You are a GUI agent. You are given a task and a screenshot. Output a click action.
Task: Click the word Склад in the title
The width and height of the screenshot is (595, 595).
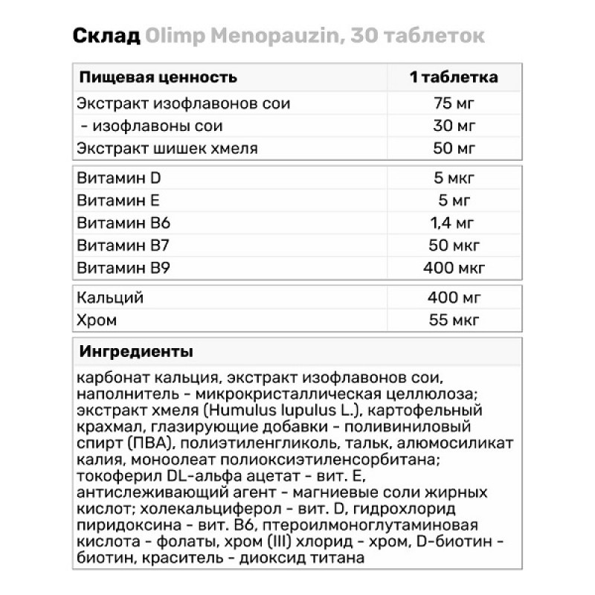[x=107, y=37]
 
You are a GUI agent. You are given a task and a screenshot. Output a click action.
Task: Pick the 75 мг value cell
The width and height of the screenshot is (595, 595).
[x=454, y=103]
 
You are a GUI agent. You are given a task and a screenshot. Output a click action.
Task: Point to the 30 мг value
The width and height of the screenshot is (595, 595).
[x=454, y=126]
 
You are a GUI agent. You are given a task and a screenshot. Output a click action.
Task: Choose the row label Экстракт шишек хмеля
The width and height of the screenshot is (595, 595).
[x=167, y=148]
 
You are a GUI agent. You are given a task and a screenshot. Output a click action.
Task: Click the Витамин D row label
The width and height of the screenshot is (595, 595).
[x=119, y=178]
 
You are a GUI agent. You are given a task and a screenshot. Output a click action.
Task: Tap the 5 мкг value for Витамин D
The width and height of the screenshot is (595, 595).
[x=454, y=178]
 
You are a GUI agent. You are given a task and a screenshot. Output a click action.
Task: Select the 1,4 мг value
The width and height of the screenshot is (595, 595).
[x=454, y=222]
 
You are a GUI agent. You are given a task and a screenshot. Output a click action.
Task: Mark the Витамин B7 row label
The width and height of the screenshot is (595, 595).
[x=123, y=245]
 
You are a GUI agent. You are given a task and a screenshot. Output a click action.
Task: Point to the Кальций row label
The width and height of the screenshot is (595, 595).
[x=109, y=298]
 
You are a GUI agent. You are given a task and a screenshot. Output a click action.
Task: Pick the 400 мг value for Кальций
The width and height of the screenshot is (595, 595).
[x=454, y=298]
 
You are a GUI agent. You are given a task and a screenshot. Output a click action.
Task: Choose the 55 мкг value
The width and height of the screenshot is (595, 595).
[x=454, y=321]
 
